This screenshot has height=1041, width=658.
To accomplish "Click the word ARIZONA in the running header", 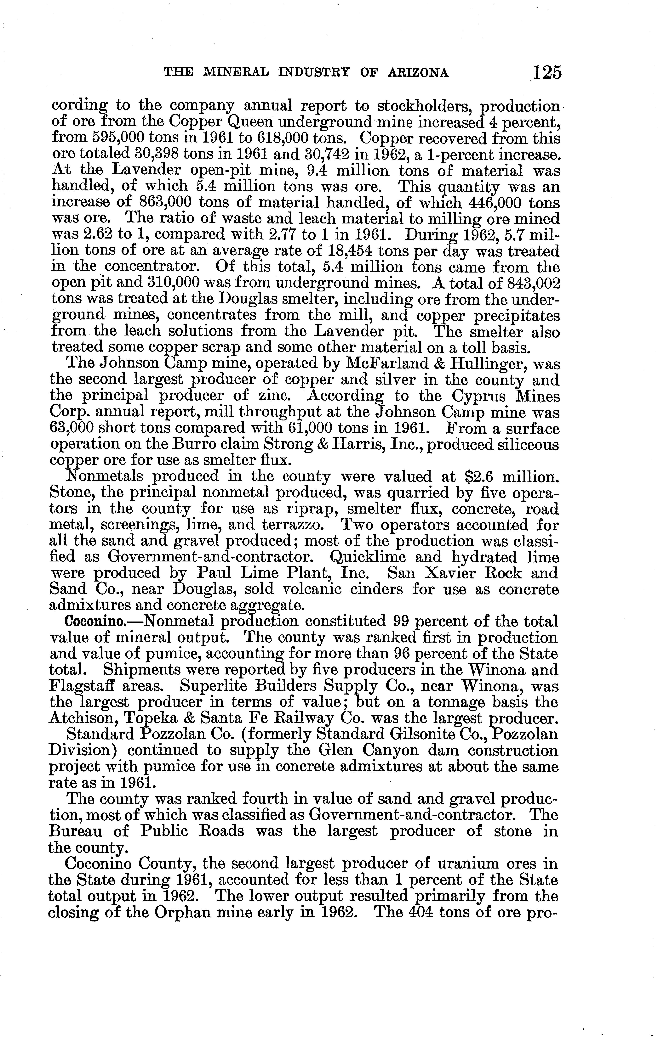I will click(x=424, y=73).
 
